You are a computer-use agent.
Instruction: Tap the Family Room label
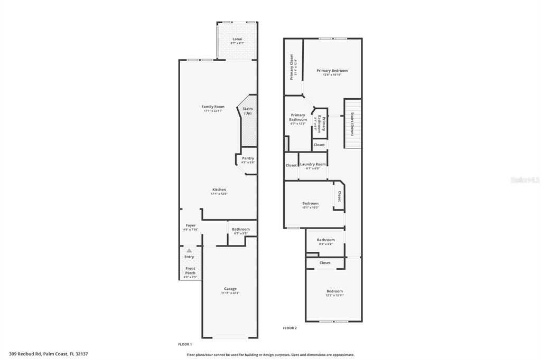213,107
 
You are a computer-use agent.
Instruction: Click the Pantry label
248,158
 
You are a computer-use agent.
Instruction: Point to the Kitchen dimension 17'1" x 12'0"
219,194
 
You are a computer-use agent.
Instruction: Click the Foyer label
190,225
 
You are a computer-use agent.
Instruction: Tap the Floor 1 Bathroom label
240,229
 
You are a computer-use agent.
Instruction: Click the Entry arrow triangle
189,250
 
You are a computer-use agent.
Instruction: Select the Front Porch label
190,271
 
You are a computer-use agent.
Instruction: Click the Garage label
230,289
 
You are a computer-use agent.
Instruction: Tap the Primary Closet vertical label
292,67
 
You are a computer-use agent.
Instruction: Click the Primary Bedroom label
332,70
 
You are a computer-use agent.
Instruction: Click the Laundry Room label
313,164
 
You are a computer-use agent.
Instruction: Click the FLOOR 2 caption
290,328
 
